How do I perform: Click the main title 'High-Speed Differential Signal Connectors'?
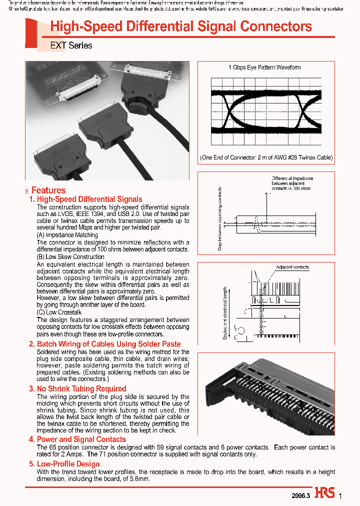pos(181,27)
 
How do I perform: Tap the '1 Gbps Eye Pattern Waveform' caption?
pos(264,67)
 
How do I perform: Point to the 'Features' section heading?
pos(48,190)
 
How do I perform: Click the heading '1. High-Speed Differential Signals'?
pos(85,199)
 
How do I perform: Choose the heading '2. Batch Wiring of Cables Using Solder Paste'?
pos(104,344)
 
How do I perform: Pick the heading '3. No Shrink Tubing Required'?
pos(77,388)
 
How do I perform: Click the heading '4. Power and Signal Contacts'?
pos(77,439)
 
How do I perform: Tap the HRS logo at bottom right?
pos(325,493)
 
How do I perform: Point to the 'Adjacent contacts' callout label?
pos(292,267)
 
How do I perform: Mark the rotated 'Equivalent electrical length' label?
pos(225,313)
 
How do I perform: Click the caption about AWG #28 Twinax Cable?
pos(266,157)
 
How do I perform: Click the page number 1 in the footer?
pos(340,496)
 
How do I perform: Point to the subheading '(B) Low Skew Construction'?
pos(70,257)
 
